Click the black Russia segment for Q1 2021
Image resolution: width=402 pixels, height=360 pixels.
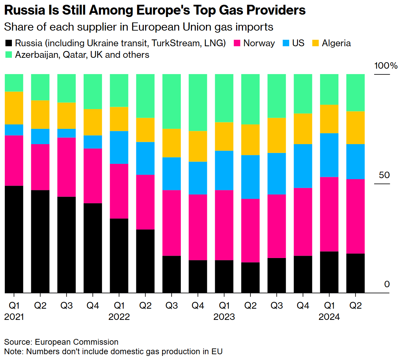tap(14, 239)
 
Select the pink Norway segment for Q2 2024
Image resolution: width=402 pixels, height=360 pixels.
tap(355, 216)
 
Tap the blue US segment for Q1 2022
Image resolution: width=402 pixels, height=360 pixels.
tap(119, 147)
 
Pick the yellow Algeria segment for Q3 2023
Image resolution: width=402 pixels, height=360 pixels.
tap(277, 135)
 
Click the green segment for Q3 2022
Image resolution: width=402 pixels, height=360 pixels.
tap(172, 101)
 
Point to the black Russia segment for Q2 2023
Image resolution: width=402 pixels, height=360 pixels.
tap(250, 277)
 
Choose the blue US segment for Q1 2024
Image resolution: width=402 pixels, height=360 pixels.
tap(329, 155)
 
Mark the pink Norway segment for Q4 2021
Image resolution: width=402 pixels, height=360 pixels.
tap(93, 176)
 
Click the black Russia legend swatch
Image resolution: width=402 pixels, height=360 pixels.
tap(9, 43)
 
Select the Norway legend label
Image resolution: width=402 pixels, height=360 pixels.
tap(259, 43)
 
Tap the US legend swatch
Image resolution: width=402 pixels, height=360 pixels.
tap(286, 43)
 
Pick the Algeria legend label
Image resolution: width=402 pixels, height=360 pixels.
tap(336, 43)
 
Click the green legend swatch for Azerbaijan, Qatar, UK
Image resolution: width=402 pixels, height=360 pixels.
tap(9, 55)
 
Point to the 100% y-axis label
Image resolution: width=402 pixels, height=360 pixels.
tap(386, 66)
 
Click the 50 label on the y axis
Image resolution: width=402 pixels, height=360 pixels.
tap(384, 175)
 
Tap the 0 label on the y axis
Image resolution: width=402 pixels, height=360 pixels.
tap(387, 284)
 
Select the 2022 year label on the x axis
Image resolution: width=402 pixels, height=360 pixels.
tap(119, 317)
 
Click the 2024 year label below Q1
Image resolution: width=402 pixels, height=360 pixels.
tap(329, 317)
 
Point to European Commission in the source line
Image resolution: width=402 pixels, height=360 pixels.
tap(76, 342)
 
